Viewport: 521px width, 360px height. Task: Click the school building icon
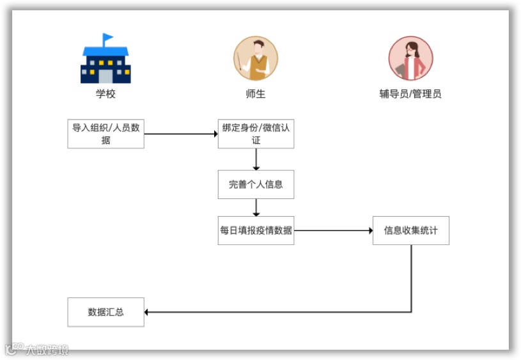(x=105, y=64)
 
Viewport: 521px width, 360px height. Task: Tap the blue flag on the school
(x=108, y=36)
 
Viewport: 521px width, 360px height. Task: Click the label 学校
(x=105, y=94)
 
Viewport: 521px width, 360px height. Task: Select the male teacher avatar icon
(x=256, y=58)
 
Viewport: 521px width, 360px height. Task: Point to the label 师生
(x=256, y=94)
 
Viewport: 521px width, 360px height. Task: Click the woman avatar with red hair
(x=410, y=58)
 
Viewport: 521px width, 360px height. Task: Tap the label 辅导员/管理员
(x=410, y=94)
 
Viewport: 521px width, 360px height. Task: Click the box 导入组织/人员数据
(x=105, y=134)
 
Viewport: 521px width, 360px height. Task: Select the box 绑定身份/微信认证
(x=256, y=134)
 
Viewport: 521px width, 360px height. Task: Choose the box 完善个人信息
(x=256, y=184)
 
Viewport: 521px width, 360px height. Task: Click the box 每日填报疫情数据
(x=256, y=230)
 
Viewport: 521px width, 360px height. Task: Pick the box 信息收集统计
(x=410, y=230)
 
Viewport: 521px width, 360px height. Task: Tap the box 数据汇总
(x=105, y=312)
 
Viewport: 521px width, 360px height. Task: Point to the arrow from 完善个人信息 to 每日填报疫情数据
(x=256, y=207)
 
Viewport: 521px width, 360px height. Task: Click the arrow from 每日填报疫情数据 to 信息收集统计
(x=333, y=230)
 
